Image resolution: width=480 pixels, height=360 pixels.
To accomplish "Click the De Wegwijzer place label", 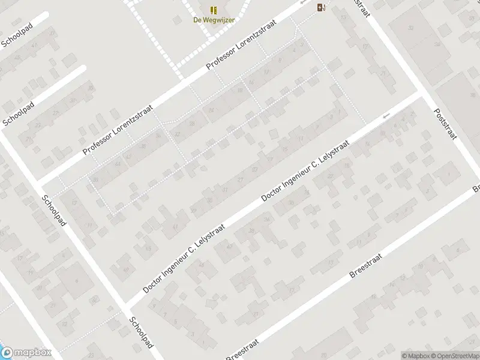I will pos(214,19).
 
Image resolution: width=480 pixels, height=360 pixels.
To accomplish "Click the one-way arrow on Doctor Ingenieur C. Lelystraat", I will pos(386,115).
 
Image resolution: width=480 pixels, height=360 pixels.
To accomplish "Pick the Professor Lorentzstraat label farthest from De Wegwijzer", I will pos(118,131).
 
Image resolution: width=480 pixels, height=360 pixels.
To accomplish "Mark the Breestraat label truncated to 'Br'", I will pos(475,188).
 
